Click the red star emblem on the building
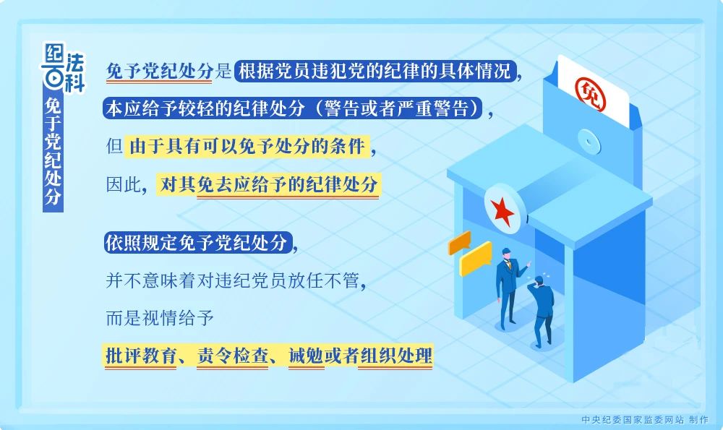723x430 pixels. coord(502,211)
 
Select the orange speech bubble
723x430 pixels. coord(459,242)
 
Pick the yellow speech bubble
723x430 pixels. coord(476,258)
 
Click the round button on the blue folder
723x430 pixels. coord(589,141)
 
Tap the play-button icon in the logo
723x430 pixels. coord(54,78)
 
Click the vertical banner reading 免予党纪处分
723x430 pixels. coord(53,151)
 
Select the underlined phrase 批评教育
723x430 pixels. coord(141,356)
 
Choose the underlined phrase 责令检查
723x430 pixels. coord(232,356)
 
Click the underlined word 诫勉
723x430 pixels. coord(306,356)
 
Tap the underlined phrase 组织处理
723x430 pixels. coord(396,356)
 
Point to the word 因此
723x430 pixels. coord(123,185)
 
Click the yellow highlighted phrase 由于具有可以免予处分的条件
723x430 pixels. coord(247,147)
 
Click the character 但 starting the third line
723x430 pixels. coord(114,147)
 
